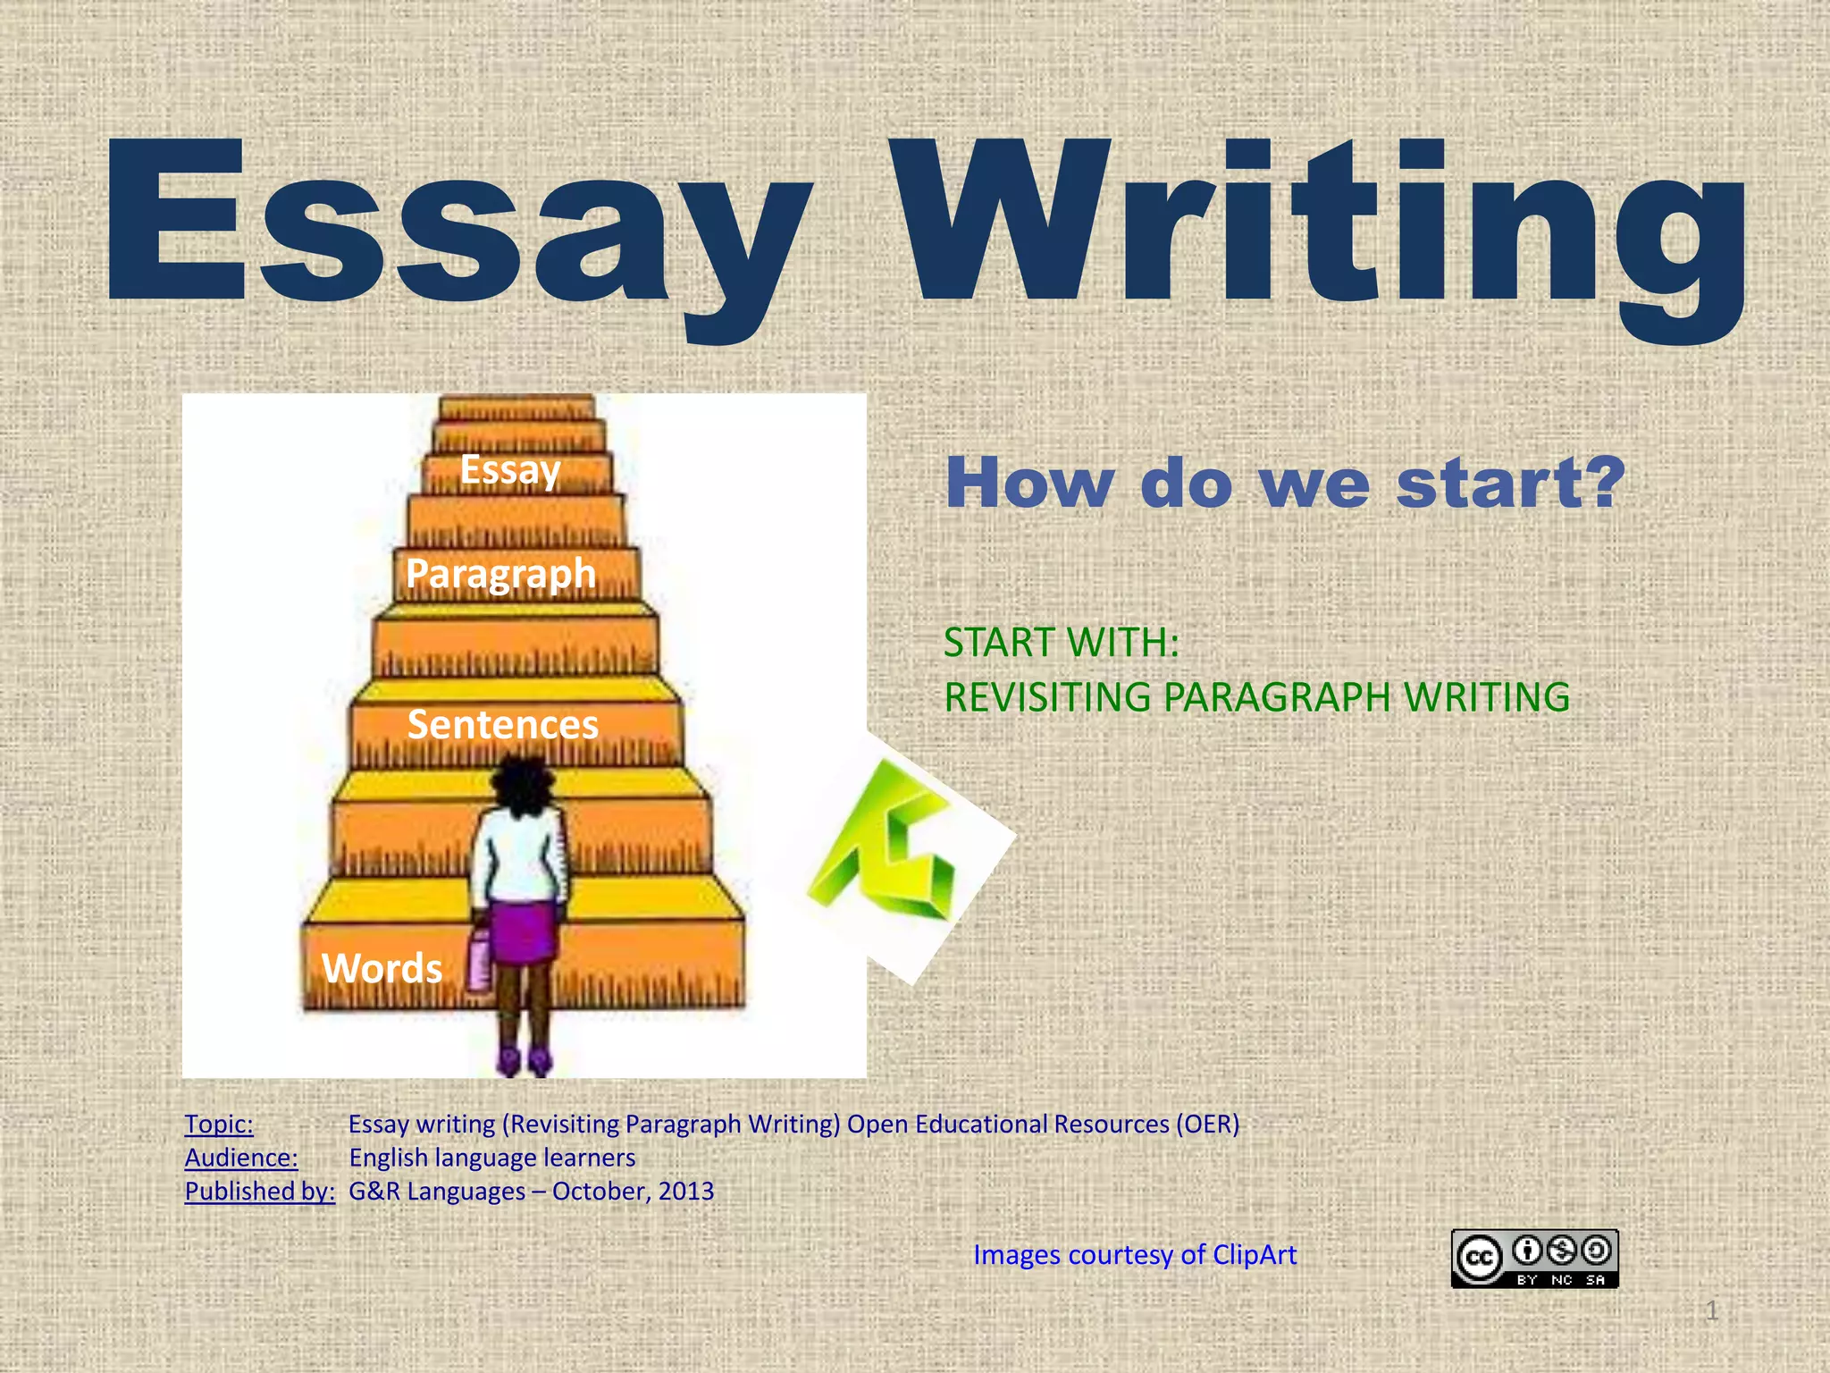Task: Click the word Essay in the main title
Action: pos(456,223)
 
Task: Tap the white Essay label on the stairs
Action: pos(510,470)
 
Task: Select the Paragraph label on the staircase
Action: pos(500,574)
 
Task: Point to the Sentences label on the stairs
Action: pos(502,724)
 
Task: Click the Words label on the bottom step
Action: pos(382,968)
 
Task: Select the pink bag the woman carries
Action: pos(480,961)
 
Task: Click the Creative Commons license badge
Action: pos(1534,1259)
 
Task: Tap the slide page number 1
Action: pos(1711,1311)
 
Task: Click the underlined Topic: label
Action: pos(219,1125)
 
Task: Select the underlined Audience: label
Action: pos(241,1158)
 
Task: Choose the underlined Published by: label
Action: pos(259,1192)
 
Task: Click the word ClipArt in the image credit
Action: pos(1255,1255)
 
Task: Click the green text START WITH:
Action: pos(1062,643)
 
